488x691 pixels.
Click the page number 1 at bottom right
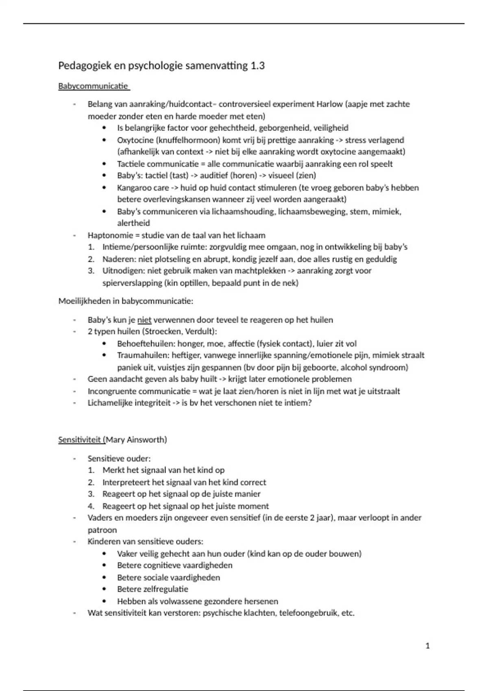(427, 645)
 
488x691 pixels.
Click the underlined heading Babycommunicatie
(93, 86)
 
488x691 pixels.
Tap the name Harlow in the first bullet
(329, 104)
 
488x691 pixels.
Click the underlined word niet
(144, 320)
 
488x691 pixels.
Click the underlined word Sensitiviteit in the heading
(80, 440)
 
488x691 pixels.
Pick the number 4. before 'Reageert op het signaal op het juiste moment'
(91, 506)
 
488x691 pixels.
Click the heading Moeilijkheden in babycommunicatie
(126, 301)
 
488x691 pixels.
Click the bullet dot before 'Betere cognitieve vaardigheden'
(105, 565)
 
